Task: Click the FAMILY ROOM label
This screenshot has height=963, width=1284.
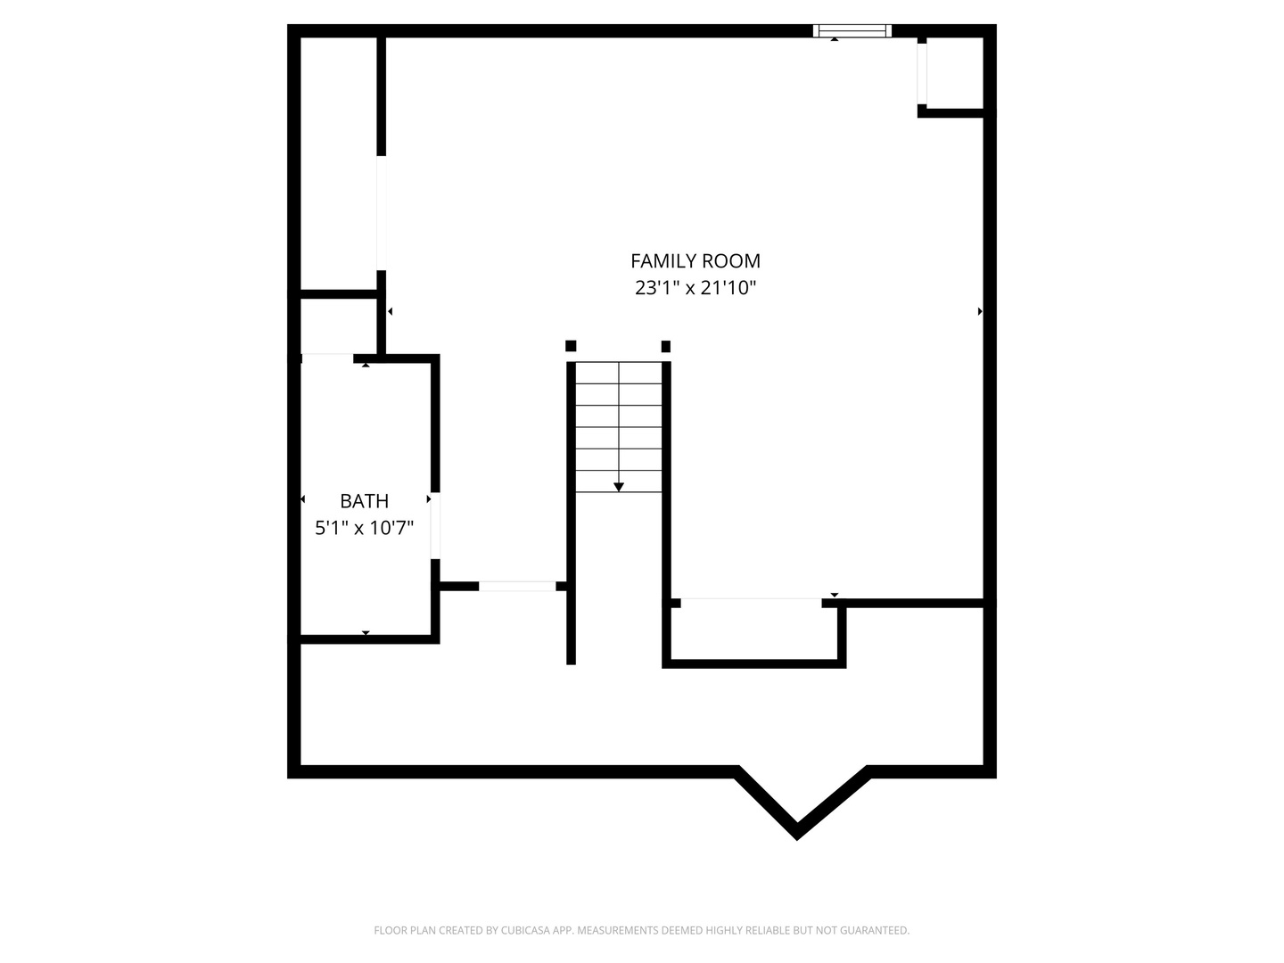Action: (x=695, y=260)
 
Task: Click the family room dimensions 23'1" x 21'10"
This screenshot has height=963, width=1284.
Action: (x=695, y=288)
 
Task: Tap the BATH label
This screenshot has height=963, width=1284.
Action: (x=365, y=501)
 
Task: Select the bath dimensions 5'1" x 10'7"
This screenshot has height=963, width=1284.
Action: (x=365, y=528)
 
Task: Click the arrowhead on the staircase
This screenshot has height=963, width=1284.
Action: (x=618, y=487)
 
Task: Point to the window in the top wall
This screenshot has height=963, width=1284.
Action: (x=852, y=31)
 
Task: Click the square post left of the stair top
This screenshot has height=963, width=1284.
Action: (x=571, y=346)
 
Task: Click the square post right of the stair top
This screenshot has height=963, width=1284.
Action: (x=666, y=346)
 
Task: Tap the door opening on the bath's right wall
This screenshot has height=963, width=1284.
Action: (x=435, y=526)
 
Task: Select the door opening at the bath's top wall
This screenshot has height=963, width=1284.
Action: (x=327, y=358)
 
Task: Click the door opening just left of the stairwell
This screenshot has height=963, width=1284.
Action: (x=517, y=587)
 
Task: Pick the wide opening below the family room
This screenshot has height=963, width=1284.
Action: (x=751, y=603)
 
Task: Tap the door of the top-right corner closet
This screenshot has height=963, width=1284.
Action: (x=922, y=74)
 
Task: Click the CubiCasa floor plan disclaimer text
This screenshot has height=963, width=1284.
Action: (x=642, y=930)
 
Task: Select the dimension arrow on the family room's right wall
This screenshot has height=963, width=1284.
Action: (x=980, y=312)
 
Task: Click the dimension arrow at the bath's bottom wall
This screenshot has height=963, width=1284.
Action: (x=366, y=633)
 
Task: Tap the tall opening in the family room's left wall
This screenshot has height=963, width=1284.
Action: (x=382, y=213)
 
